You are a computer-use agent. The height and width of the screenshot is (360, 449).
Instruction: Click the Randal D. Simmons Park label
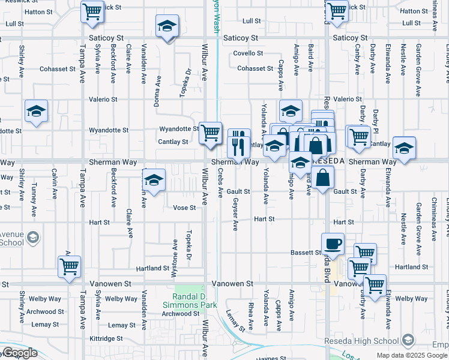click(x=194, y=301)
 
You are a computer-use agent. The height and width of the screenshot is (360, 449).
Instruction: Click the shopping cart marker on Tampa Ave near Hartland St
click(x=70, y=266)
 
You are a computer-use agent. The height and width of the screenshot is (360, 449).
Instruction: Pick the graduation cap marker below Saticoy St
click(x=167, y=26)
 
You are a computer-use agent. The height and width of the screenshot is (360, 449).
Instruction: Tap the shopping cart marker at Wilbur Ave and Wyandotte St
click(x=210, y=133)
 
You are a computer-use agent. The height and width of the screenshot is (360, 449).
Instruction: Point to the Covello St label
click(x=249, y=53)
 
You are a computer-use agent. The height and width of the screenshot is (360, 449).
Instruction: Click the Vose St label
click(x=184, y=208)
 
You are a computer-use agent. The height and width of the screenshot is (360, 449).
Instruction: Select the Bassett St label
click(x=307, y=253)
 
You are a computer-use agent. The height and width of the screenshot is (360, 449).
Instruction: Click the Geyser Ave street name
click(x=235, y=214)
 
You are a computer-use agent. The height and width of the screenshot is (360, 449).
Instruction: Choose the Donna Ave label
click(x=158, y=90)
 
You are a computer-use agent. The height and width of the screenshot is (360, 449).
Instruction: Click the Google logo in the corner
click(x=19, y=353)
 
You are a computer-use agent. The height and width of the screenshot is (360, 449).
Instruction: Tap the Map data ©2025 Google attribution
click(x=411, y=355)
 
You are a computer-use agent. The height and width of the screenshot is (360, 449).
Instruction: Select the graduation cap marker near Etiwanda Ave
click(x=404, y=148)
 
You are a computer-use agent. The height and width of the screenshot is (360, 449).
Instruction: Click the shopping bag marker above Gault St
click(x=322, y=177)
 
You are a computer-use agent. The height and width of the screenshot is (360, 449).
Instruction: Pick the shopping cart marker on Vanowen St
click(x=375, y=285)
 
